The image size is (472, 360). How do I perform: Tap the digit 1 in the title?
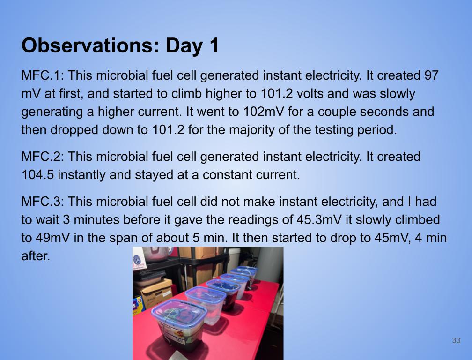(x=214, y=45)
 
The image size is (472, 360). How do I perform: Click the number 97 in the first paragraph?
(x=431, y=75)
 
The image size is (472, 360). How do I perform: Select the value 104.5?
(x=37, y=175)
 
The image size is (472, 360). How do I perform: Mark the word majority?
(x=251, y=130)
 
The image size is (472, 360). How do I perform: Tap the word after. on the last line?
(x=36, y=256)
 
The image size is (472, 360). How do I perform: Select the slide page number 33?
(x=456, y=340)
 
